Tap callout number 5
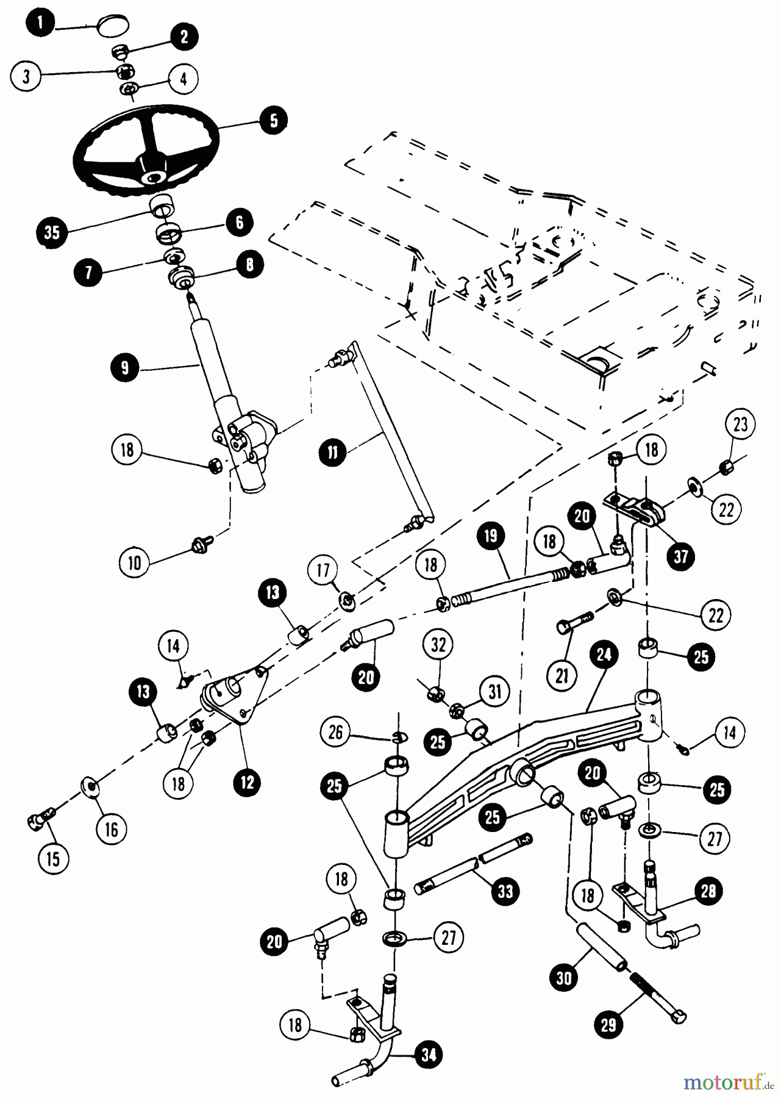[x=273, y=120]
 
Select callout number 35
[x=52, y=234]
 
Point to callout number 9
[x=124, y=368]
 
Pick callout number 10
[x=135, y=562]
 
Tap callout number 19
[x=491, y=536]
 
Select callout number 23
[x=740, y=425]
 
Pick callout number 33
[x=505, y=891]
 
